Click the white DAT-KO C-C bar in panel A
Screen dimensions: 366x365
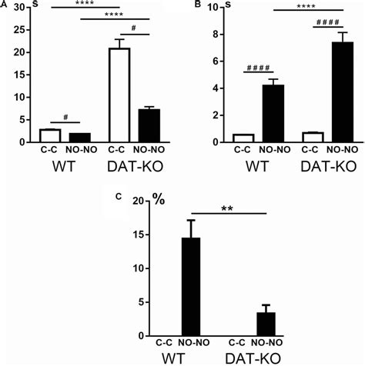(119, 95)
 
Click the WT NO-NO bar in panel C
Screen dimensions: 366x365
(188, 288)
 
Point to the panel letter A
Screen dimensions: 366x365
(4, 5)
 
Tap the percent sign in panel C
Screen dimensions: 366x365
(159, 201)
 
